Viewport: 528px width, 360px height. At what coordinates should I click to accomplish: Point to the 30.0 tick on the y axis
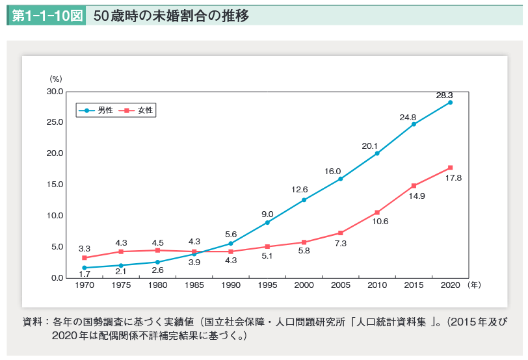point(55,92)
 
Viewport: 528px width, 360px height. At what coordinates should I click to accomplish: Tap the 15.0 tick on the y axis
point(55,185)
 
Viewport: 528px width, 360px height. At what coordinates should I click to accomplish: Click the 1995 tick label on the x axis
point(267,285)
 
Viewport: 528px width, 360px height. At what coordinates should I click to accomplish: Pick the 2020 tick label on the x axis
point(450,285)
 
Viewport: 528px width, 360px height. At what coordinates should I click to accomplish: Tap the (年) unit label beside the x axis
point(475,285)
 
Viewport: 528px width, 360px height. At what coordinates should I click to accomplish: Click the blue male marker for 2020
point(450,102)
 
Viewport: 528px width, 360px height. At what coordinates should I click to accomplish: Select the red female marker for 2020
point(450,168)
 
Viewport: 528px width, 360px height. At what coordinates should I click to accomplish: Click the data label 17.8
point(453,178)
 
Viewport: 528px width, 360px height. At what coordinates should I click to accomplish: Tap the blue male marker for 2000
point(304,199)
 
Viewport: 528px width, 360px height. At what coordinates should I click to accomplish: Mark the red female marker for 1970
point(85,258)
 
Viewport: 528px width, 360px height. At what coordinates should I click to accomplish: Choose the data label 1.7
point(85,274)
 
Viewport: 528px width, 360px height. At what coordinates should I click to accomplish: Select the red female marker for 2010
point(377,212)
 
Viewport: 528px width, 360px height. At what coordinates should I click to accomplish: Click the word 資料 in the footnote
point(32,322)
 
